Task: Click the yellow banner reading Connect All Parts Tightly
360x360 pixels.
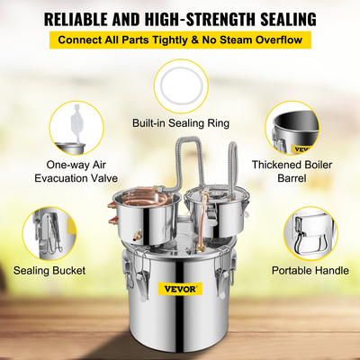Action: click(180, 40)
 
